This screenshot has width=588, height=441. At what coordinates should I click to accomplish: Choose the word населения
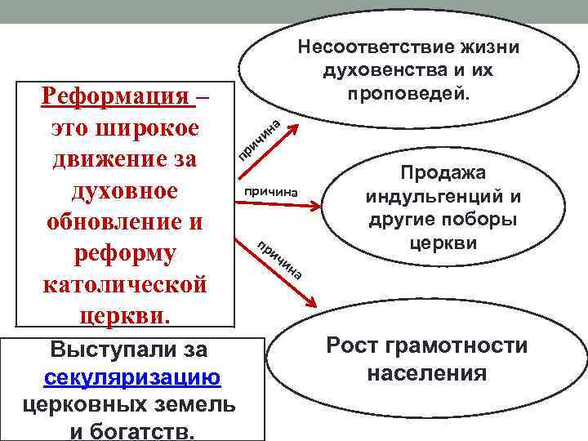point(426,374)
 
